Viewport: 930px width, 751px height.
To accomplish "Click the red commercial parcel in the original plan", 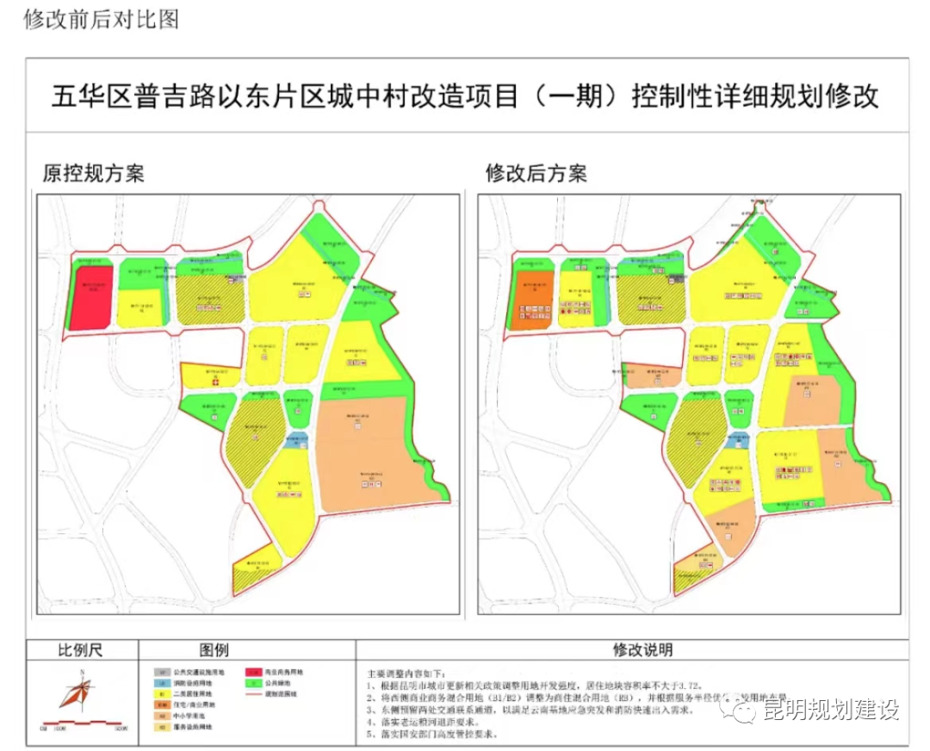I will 90,297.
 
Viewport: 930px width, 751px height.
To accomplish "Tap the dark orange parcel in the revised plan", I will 532,299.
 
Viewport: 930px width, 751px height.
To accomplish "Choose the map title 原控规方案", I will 94,174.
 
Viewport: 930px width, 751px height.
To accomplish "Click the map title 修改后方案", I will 536,174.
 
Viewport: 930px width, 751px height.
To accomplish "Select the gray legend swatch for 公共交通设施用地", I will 160,671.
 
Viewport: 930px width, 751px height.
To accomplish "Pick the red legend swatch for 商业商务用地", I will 251,671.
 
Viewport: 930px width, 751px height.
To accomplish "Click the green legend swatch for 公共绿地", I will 251,682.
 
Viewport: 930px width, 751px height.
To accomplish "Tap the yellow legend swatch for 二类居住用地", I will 160,693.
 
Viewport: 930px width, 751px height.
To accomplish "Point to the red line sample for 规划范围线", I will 251,693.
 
